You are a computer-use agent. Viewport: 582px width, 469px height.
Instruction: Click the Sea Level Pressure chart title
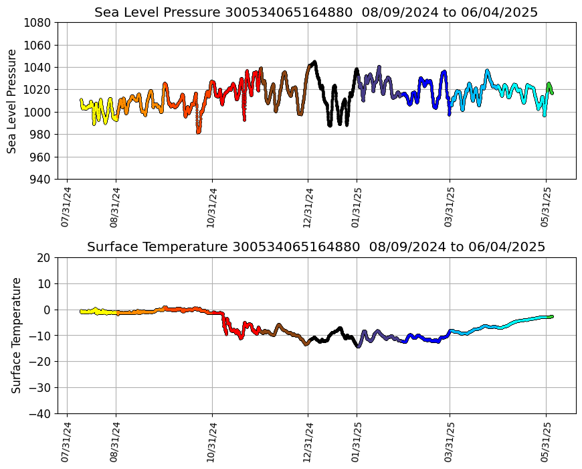point(316,12)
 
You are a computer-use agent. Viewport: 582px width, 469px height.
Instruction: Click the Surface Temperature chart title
point(316,247)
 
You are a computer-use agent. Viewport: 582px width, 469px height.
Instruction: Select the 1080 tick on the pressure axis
point(38,23)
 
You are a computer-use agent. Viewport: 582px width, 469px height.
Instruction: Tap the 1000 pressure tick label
point(38,112)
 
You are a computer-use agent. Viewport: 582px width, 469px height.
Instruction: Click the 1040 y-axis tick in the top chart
point(38,68)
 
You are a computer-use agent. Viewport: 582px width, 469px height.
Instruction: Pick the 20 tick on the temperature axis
point(45,258)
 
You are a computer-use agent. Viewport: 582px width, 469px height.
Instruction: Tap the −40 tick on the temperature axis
point(39,414)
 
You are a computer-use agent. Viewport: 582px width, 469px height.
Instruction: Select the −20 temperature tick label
point(39,362)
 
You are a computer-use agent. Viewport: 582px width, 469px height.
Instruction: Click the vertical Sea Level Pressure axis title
point(13,101)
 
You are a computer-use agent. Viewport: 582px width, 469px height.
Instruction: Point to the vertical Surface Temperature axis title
point(17,335)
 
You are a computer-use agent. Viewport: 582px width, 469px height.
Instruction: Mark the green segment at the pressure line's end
point(550,87)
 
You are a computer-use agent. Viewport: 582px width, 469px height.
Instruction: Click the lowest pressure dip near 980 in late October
point(198,131)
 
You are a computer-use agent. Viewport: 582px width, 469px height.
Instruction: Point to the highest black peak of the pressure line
point(314,62)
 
